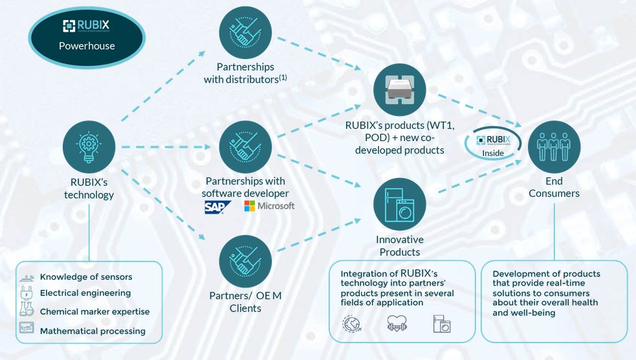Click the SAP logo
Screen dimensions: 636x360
(217, 207)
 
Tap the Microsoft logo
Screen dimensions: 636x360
(269, 206)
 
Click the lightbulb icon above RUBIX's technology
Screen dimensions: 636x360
(89, 147)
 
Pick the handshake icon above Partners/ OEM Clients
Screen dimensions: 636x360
(245, 262)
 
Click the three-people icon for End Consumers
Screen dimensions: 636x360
(554, 147)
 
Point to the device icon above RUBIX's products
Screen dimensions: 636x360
(400, 90)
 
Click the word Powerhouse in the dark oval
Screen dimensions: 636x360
(87, 46)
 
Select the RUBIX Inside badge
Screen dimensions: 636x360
(493, 144)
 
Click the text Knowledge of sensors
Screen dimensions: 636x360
(86, 276)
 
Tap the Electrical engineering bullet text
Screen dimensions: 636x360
(85, 293)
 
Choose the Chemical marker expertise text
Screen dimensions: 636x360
(94, 311)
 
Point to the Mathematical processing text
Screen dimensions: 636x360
(93, 331)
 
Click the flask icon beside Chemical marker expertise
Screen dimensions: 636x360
(27, 309)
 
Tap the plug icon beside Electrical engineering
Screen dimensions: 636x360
(27, 293)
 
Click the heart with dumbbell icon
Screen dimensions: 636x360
(397, 324)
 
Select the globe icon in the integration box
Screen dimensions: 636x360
(351, 324)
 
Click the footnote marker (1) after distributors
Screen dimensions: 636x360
(283, 76)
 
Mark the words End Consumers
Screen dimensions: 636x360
(554, 187)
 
